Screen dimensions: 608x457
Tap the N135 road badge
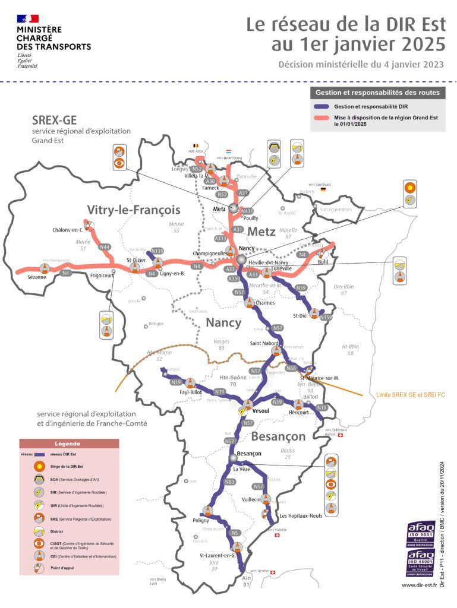(157, 251)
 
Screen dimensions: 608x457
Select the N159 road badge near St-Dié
(326, 317)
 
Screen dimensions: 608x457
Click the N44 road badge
(105, 247)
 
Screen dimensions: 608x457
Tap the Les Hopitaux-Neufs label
(301, 515)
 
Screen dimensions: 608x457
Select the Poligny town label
(201, 520)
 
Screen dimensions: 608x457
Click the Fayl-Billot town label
(191, 392)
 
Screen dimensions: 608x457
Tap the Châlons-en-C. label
(68, 229)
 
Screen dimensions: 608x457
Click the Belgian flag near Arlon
(194, 145)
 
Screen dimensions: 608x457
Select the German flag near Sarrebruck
(323, 190)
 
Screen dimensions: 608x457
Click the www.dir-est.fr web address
(423, 585)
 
